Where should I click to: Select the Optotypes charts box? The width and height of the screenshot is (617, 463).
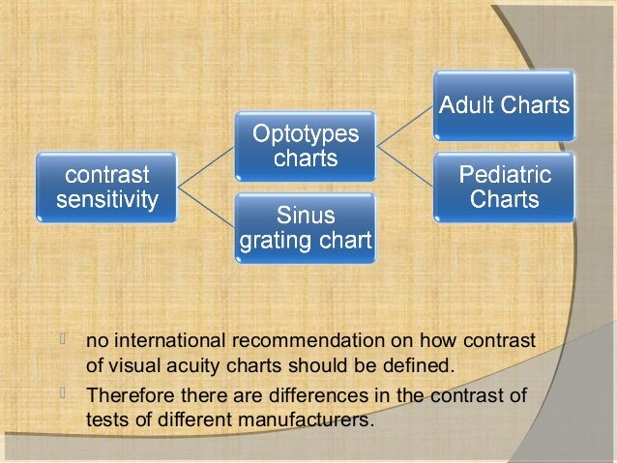coord(305,146)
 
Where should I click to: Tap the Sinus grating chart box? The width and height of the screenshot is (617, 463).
coord(305,228)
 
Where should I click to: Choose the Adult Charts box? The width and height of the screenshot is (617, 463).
coord(503,105)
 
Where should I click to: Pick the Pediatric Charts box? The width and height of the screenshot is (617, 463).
coord(504,188)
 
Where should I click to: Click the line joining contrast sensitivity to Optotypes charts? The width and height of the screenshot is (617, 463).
coord(205,168)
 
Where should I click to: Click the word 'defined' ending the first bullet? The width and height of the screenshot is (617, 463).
coord(419,366)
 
